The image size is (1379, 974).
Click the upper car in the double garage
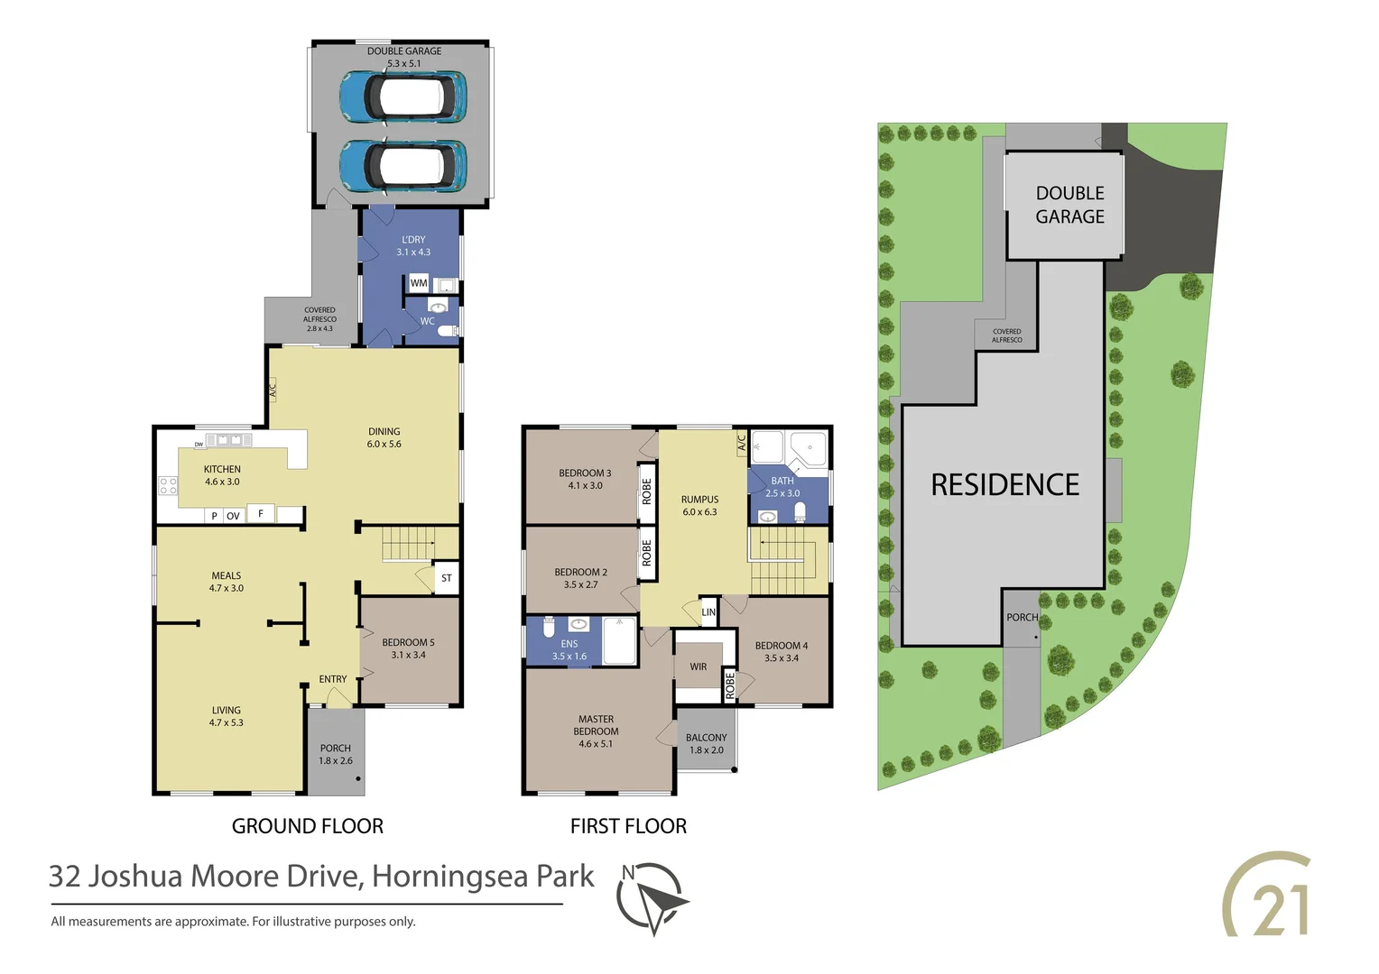tap(403, 96)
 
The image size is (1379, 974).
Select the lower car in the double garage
tap(403, 165)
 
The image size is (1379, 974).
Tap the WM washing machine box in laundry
tap(419, 283)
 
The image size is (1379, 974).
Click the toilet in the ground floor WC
tap(448, 330)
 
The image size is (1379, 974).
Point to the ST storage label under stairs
tap(447, 578)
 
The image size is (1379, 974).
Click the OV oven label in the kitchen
tap(233, 516)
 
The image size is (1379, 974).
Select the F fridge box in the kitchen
tap(261, 513)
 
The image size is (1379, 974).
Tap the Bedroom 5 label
tap(408, 648)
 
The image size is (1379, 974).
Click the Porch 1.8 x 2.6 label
tap(336, 754)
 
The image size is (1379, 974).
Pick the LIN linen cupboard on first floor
tap(709, 612)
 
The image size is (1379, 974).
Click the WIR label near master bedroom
tap(699, 667)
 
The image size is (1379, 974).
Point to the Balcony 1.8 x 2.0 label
tap(707, 743)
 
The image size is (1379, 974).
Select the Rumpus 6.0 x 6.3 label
tap(700, 505)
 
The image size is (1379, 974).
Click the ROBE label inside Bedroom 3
tap(647, 492)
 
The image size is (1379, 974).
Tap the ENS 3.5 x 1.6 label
tap(569, 650)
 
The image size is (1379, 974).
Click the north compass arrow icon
tap(652, 897)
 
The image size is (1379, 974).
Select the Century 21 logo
tap(1267, 895)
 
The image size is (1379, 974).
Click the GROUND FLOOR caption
tap(308, 826)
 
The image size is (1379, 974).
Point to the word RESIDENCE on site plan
tap(1004, 485)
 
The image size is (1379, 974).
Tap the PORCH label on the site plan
tap(1022, 618)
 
